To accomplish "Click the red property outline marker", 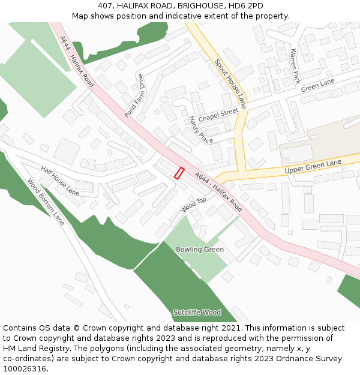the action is click(x=179, y=173).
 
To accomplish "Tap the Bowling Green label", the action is click(x=200, y=249).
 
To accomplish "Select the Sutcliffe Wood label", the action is click(x=197, y=312).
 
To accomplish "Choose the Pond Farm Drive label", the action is click(x=134, y=95).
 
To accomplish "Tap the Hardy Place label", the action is click(x=201, y=130).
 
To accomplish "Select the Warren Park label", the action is click(x=295, y=66).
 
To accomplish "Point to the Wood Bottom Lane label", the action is click(x=46, y=202).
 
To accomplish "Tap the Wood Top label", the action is click(x=194, y=205).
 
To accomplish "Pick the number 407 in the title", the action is click(x=106, y=5).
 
